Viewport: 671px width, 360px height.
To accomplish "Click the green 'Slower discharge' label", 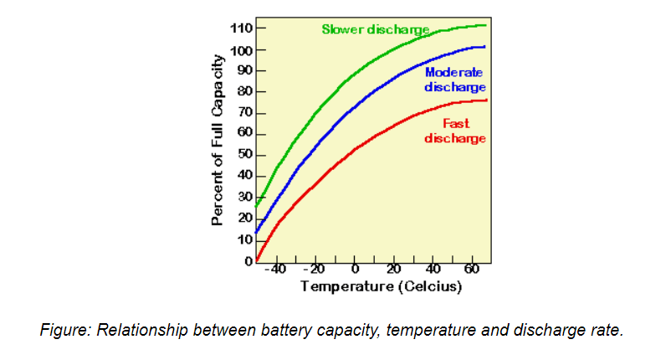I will [376, 29].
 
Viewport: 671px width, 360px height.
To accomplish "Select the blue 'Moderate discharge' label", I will [454, 80].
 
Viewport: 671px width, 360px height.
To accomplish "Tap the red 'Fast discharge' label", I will [454, 131].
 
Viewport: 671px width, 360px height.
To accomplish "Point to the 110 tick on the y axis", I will [242, 28].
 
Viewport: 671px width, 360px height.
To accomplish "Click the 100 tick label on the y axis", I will [242, 50].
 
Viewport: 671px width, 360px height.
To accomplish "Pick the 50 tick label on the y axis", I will [245, 155].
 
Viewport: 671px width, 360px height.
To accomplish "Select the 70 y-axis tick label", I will [245, 113].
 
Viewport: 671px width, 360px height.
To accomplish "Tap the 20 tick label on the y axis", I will [245, 218].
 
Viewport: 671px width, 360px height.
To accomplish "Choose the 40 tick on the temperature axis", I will [433, 270].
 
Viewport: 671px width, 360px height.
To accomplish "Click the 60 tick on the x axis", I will [472, 270].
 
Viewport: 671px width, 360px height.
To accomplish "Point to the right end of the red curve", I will [487, 100].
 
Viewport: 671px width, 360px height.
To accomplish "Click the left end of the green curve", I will [256, 206].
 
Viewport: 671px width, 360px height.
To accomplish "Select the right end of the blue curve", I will [484, 47].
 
